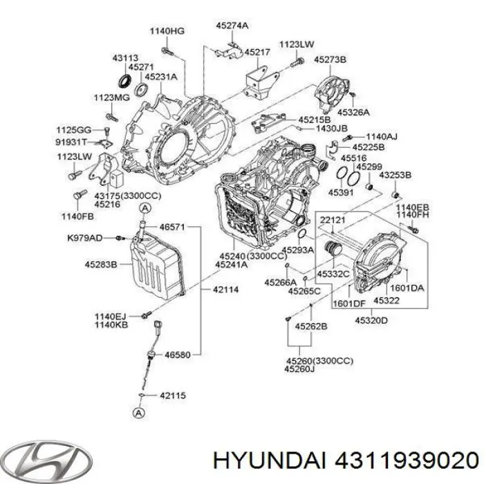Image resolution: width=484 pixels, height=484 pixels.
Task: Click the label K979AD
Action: pos(85,238)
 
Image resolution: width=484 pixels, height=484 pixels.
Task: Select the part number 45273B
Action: pos(330,60)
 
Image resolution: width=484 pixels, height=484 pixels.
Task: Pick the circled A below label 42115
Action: pos(139,413)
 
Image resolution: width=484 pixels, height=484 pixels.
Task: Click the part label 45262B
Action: pos(311,326)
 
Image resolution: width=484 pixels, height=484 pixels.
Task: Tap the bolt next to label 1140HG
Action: pos(167,50)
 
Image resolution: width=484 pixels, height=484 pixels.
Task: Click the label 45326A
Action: pos(354,111)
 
